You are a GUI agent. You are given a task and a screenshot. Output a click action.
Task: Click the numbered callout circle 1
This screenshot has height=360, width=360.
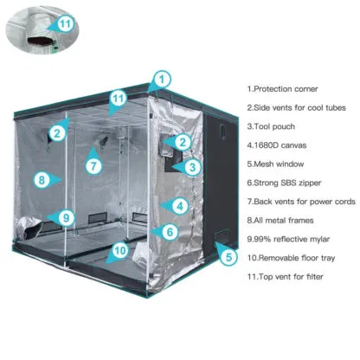tap(162, 79)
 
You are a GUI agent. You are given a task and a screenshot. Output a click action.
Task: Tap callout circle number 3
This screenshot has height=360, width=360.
tap(192, 167)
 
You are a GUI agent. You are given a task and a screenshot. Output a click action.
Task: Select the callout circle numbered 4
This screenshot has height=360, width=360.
tap(180, 206)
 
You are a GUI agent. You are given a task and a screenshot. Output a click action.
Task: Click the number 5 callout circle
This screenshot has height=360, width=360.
tap(228, 256)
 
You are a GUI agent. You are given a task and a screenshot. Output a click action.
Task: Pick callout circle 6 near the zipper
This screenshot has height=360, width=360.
tap(170, 232)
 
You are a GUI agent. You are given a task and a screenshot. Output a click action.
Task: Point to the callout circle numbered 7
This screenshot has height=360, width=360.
tap(93, 166)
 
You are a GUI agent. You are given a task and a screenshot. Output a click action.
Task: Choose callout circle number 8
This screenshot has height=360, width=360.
tap(42, 180)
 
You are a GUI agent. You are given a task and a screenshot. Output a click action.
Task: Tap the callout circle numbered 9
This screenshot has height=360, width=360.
tap(66, 217)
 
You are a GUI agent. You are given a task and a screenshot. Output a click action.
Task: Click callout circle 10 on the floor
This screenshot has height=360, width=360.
tap(120, 250)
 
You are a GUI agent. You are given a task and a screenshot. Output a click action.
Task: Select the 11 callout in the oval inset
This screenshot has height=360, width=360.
tap(66, 23)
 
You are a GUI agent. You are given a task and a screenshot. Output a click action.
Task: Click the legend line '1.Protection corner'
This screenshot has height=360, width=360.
tap(282, 89)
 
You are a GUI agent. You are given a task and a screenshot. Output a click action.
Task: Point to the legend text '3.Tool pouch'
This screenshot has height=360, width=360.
tap(271, 126)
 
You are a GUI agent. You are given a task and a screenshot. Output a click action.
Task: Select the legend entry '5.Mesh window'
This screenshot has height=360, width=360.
tap(275, 164)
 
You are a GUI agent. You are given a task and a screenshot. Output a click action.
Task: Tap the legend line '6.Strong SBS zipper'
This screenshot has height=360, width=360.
tap(284, 183)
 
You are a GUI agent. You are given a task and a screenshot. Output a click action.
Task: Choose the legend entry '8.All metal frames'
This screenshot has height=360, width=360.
tap(280, 221)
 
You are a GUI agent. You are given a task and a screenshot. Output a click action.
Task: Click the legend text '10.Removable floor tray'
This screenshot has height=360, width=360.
tap(291, 258)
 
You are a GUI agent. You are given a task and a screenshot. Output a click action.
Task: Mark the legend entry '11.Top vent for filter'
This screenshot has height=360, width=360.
tap(285, 277)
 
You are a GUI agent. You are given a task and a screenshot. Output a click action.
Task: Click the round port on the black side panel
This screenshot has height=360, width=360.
tap(223, 132)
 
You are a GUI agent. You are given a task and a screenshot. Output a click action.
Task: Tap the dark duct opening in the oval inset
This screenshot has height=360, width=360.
tap(40, 41)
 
